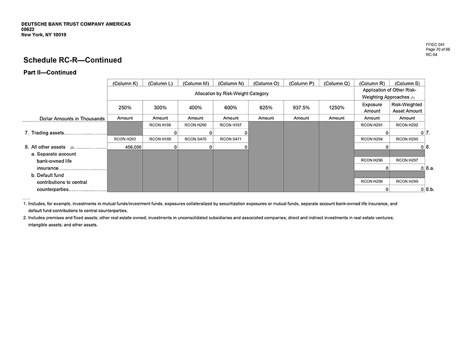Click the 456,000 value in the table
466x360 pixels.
click(x=133, y=146)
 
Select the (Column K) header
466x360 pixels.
click(x=124, y=83)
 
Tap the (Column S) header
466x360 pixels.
click(x=407, y=83)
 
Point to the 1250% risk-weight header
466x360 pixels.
click(x=336, y=107)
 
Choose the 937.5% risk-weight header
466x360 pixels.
click(x=301, y=107)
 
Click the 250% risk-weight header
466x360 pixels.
click(x=124, y=107)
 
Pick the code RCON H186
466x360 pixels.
click(x=160, y=124)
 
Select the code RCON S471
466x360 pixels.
click(x=230, y=139)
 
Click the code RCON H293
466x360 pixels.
click(x=124, y=139)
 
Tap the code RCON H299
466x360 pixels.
click(x=407, y=181)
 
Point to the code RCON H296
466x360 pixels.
click(x=372, y=161)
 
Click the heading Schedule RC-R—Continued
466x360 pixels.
click(x=72, y=60)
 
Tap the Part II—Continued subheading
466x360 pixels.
click(x=49, y=73)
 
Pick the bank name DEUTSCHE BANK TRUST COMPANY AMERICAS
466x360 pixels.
click(x=76, y=24)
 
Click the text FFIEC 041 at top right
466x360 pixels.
click(x=435, y=44)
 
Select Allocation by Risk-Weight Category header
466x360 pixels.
click(x=230, y=93)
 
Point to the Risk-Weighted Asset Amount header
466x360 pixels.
click(x=407, y=108)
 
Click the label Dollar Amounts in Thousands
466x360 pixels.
click(x=72, y=118)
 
